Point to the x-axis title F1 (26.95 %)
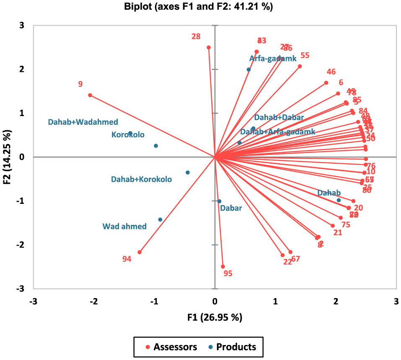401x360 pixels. tap(215, 317)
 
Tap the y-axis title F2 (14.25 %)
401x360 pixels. tap(7, 157)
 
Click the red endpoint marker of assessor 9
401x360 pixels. tap(90, 95)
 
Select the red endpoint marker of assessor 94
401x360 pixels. tap(140, 252)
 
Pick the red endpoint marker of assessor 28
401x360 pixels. tap(209, 47)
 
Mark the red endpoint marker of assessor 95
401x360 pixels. tap(223, 267)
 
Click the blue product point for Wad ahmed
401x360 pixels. tap(160, 219)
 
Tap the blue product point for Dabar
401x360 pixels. tap(219, 201)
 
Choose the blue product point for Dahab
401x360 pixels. tap(339, 200)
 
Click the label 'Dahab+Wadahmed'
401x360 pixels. tap(83, 122)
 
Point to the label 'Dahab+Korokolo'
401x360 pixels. tap(141, 179)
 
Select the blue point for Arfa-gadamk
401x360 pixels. tap(248, 69)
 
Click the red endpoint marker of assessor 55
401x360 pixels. tap(300, 66)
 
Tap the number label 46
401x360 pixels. tap(331, 72)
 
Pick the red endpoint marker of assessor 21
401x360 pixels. tap(333, 226)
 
